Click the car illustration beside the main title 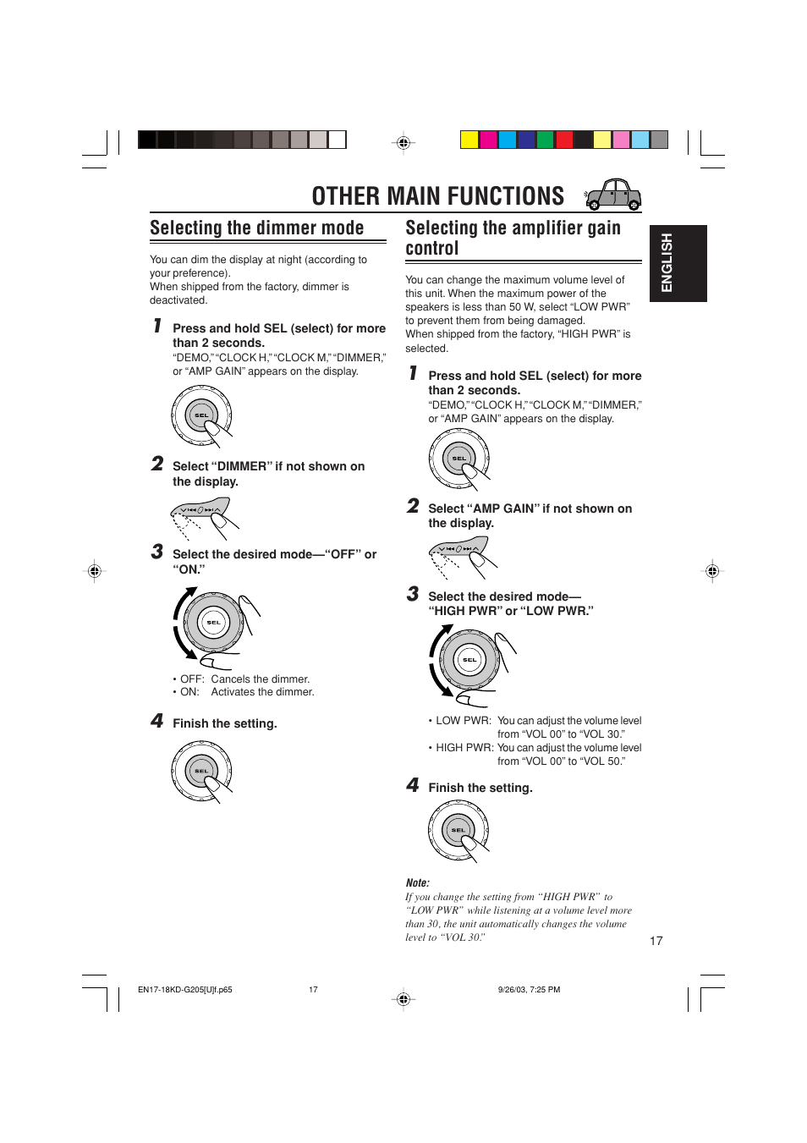[x=615, y=195]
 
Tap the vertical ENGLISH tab [x=678, y=263]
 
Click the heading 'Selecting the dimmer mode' [x=256, y=228]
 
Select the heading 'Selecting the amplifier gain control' [x=513, y=238]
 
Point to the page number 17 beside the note [x=656, y=941]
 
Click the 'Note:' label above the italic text [x=417, y=882]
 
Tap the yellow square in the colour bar [x=469, y=140]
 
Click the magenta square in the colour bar [x=488, y=140]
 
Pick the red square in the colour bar [x=564, y=140]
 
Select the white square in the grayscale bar [x=338, y=140]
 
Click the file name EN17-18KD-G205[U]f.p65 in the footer [x=185, y=989]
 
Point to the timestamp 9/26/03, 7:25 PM [x=529, y=989]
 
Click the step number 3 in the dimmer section [x=157, y=552]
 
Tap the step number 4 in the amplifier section [x=413, y=785]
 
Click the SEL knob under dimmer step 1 [x=201, y=415]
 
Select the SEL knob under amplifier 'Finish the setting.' [x=458, y=831]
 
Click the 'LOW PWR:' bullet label [x=463, y=721]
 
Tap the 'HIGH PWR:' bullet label [x=464, y=748]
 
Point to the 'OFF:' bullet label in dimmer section [x=192, y=679]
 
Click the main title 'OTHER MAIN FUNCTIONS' [x=437, y=196]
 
